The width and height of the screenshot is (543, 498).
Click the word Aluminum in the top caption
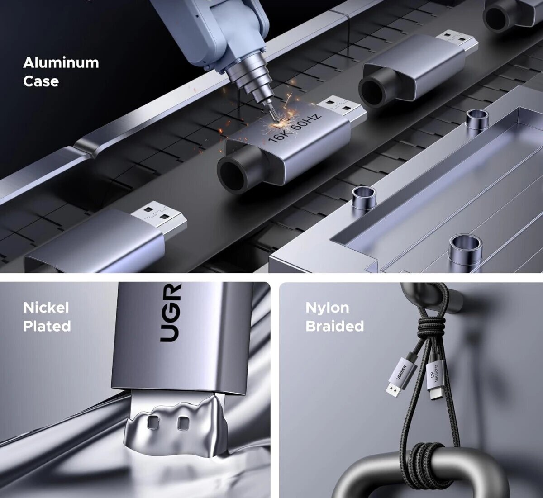61,63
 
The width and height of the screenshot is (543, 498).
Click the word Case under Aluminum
41,81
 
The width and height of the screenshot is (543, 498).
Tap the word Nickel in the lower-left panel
46,308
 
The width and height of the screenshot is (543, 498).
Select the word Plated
47,326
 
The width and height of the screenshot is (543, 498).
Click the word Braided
335,326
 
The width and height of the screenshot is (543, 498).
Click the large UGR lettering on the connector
170,313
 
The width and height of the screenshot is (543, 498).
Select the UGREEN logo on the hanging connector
401,372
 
